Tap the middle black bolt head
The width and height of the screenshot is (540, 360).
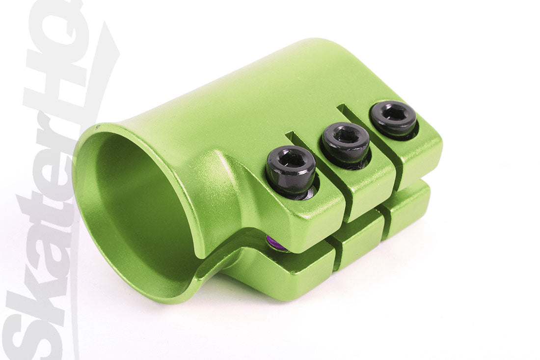coord(346,141)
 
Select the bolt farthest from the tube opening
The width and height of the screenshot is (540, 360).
coord(393,117)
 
